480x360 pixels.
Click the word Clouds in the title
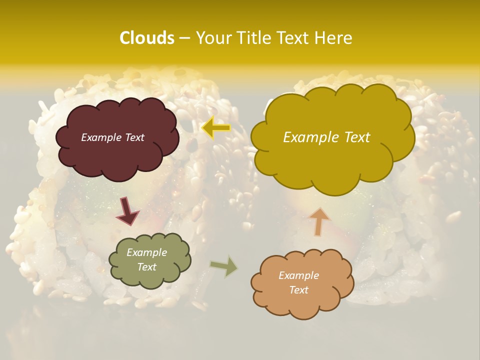coord(146,38)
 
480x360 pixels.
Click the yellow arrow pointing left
coord(216,128)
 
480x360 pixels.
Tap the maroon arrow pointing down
coord(127,211)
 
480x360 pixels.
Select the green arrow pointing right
coord(224,266)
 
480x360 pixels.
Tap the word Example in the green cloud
coord(146,252)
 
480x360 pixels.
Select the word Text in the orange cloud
coord(298,290)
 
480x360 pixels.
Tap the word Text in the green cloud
coord(146,267)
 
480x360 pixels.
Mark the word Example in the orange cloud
coord(298,275)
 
